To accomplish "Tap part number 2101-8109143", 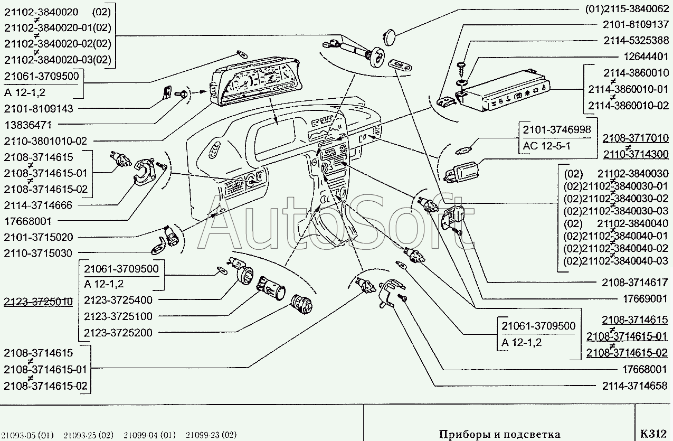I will tap(38, 108).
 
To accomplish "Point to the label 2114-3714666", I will tap(38, 205).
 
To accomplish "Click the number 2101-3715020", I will tap(38, 237).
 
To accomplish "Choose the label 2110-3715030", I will tap(38, 254).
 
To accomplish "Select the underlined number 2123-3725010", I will tap(38, 302).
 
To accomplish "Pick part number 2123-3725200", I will tap(118, 333).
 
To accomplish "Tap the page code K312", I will tap(653, 434).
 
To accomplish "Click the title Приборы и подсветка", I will tap(499, 435).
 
